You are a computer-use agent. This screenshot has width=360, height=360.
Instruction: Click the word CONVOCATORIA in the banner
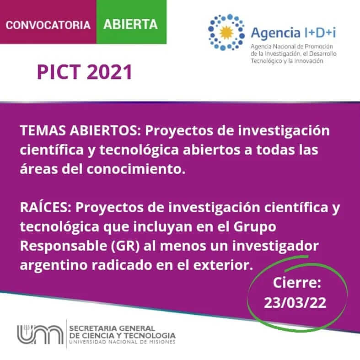click(x=48, y=25)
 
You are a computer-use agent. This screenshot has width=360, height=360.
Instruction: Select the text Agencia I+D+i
click(x=293, y=33)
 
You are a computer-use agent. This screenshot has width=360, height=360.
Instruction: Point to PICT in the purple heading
click(x=59, y=72)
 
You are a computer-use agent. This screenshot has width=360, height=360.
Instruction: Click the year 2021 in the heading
click(x=109, y=72)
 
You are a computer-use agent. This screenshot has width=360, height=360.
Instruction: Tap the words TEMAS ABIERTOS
click(x=80, y=130)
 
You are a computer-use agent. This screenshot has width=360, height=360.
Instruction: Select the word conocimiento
click(x=136, y=169)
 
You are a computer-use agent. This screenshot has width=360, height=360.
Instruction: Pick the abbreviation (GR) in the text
click(x=125, y=246)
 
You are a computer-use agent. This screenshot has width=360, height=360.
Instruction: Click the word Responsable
click(x=64, y=246)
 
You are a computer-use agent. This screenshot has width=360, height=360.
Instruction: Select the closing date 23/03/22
click(x=295, y=302)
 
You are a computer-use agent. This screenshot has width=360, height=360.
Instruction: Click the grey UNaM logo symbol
click(x=40, y=334)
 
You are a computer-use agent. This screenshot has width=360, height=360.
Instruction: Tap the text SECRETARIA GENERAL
click(x=112, y=328)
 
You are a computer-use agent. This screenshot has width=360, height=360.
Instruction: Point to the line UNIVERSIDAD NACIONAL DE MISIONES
click(x=122, y=342)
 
